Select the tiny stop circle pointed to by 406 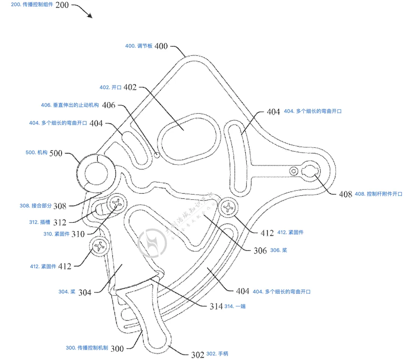(157, 154)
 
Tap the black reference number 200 (62, 5)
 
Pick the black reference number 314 (216, 306)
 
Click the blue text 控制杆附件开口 (378, 194)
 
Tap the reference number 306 (260, 251)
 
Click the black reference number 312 (59, 222)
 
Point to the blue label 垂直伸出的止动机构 (70, 105)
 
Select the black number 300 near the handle (117, 348)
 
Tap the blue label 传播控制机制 (87, 348)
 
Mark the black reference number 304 (85, 292)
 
